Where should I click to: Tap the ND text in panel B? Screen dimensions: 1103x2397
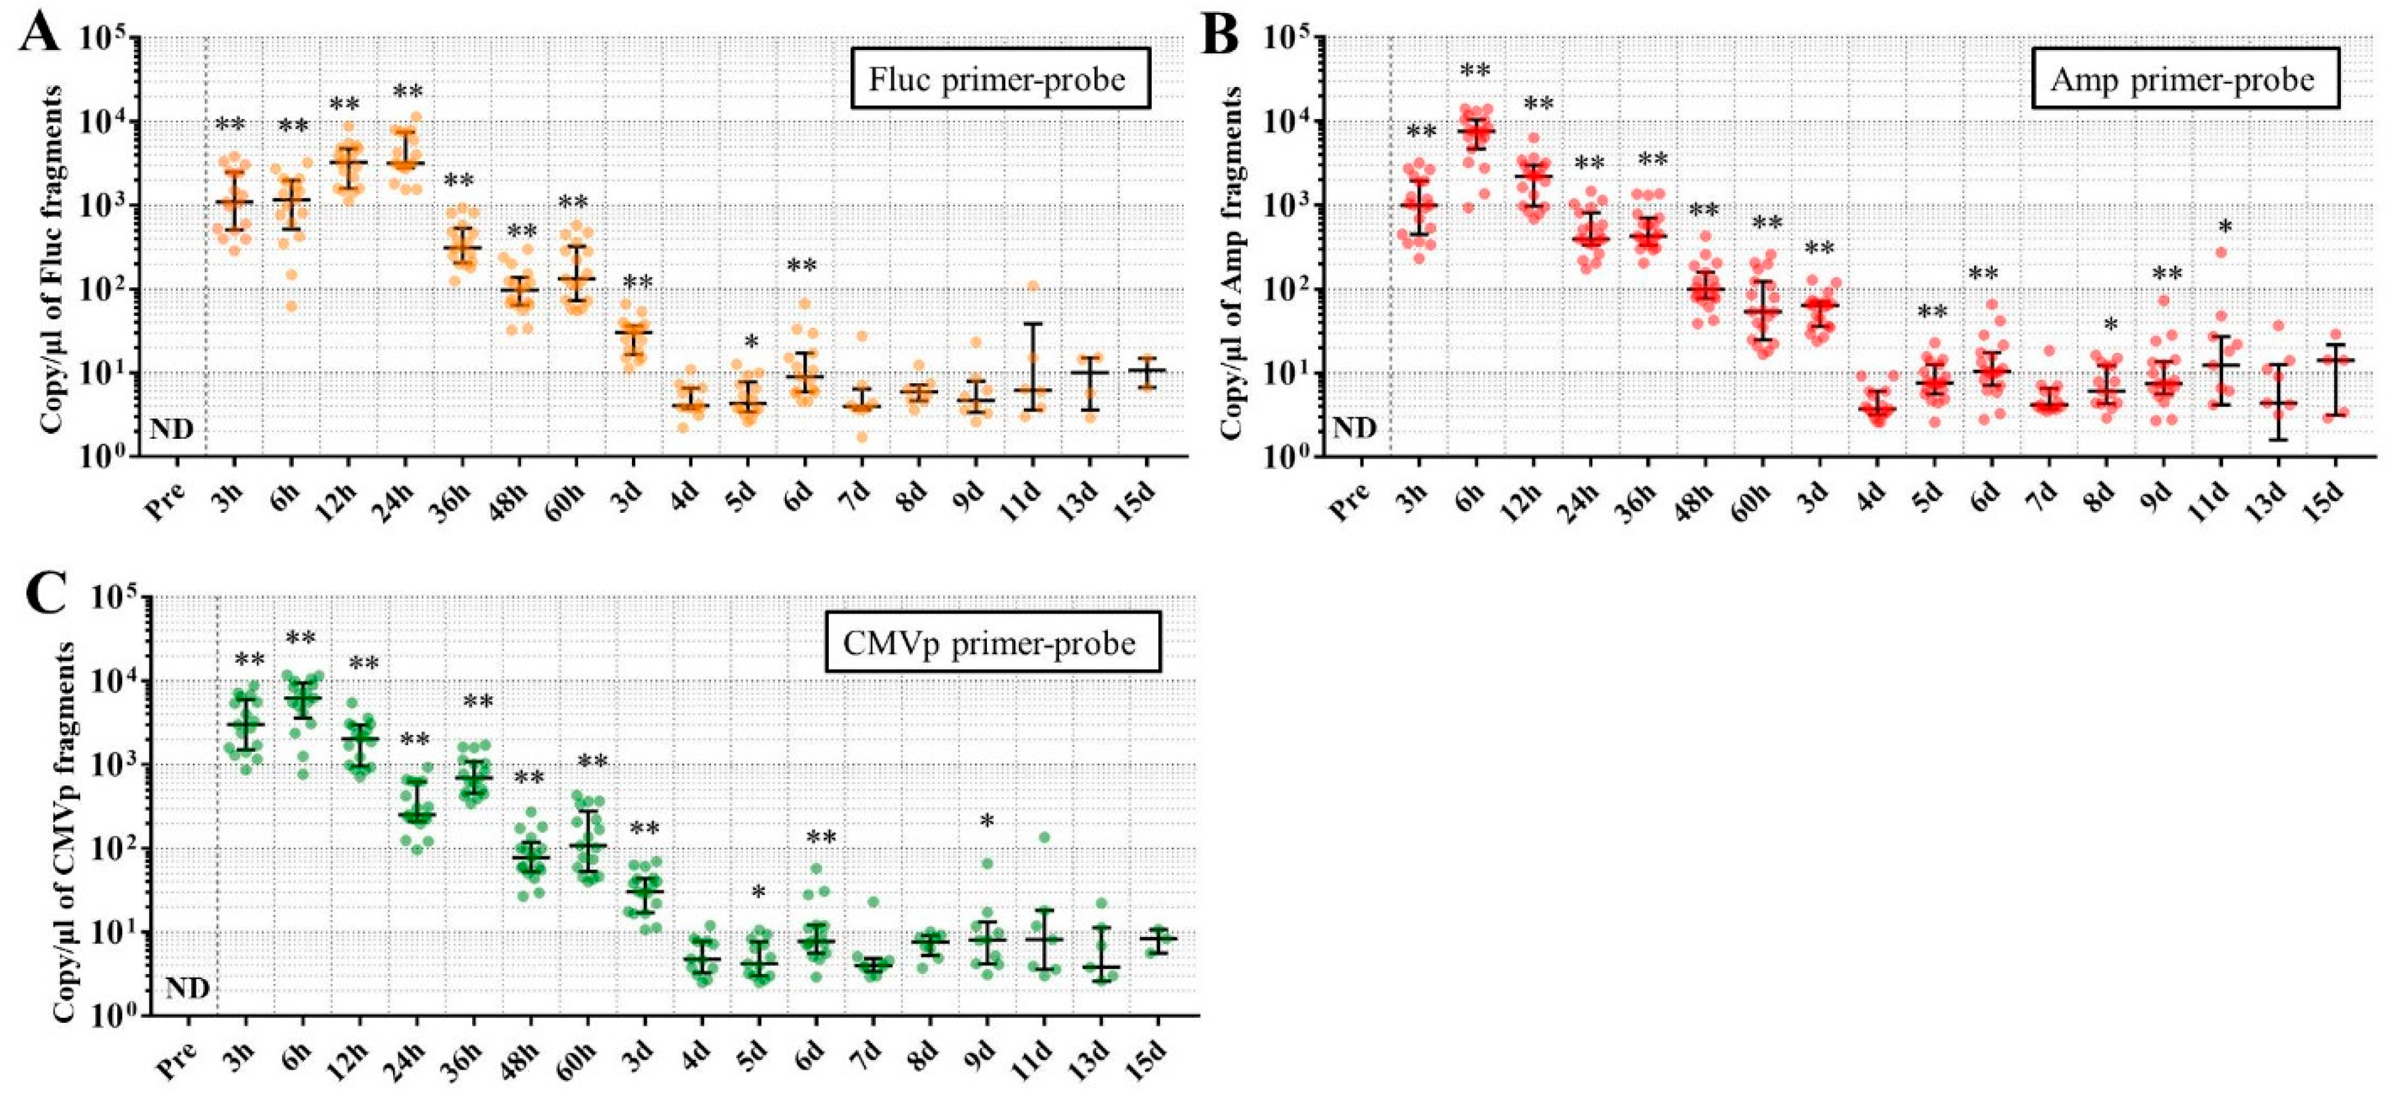click(x=1354, y=429)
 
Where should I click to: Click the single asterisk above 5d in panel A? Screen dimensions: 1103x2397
click(x=752, y=341)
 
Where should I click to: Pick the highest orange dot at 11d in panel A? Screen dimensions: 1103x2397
click(x=1032, y=286)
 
